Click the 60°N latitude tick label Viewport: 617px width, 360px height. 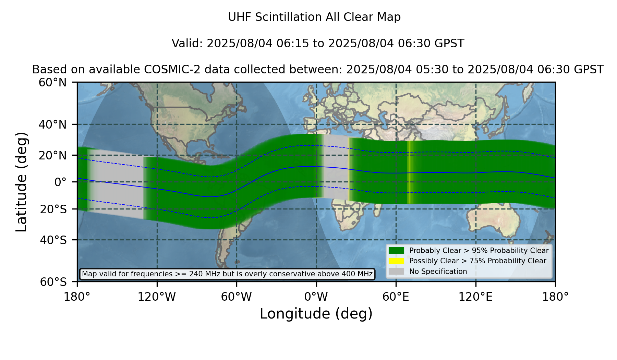coord(52,82)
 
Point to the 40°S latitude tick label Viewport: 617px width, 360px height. coord(53,240)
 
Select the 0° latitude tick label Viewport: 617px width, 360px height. coord(60,182)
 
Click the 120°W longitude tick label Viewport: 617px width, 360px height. coord(157,297)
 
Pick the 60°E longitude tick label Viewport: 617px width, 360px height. coord(396,297)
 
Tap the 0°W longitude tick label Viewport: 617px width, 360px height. coord(316,297)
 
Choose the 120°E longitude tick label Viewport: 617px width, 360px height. coord(476,297)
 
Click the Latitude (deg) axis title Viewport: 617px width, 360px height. coord(21,182)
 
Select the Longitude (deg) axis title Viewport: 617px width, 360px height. coord(316,314)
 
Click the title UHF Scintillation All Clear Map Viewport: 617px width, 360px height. coord(314,17)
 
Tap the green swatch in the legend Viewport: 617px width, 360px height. coord(397,250)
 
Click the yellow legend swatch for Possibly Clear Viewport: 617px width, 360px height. coord(397,261)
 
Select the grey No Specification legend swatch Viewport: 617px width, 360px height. coord(397,272)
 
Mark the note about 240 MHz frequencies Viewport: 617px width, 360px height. coord(227,274)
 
